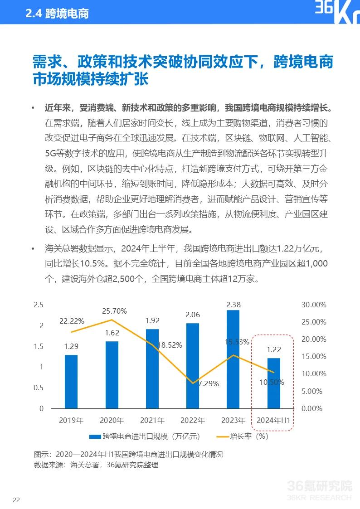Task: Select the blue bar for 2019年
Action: click(x=71, y=381)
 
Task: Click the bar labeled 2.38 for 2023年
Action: click(x=233, y=359)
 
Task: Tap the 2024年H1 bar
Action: click(x=273, y=383)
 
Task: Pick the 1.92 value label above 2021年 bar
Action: click(x=152, y=320)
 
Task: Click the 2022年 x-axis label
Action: click(x=193, y=420)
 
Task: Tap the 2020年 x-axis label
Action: click(x=112, y=420)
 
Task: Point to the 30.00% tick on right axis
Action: click(x=314, y=305)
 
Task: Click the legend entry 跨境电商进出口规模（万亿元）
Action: click(x=145, y=436)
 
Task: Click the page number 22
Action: click(x=16, y=500)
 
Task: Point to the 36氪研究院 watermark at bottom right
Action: click(x=320, y=487)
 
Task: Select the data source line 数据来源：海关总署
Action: click(x=96, y=465)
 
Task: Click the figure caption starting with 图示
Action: click(x=128, y=454)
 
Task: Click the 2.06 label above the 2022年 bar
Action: click(x=193, y=315)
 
